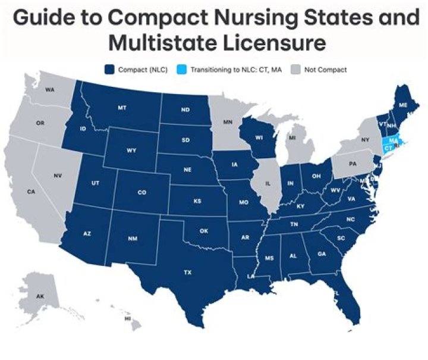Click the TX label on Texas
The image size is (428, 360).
pos(188,273)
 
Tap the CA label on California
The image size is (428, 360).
pos(31,192)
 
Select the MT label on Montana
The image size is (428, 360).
pos(122,108)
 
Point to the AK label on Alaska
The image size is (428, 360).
pos(40,296)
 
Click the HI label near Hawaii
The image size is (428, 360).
pos(127,319)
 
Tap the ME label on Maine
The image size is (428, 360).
pos(403,104)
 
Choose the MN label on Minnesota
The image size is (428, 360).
pos(227,122)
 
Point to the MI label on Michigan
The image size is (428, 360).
pos(292,137)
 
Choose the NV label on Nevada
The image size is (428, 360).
pos(58,176)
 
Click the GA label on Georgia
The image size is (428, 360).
pos(322,253)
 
